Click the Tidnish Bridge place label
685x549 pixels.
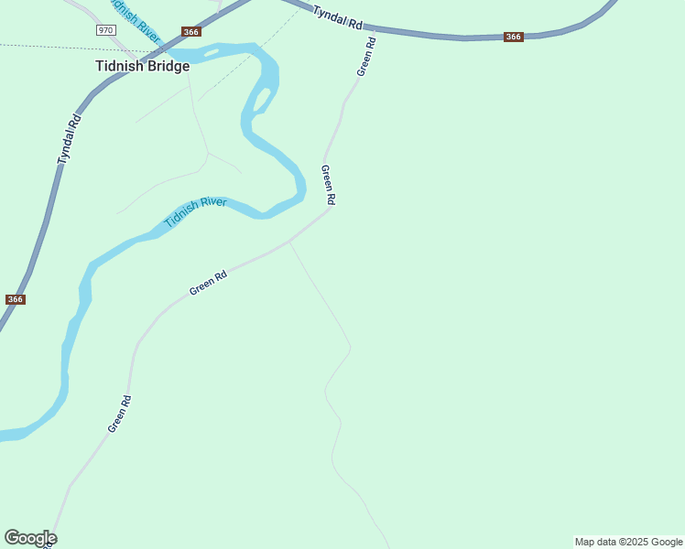click(x=142, y=66)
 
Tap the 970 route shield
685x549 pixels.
click(x=105, y=30)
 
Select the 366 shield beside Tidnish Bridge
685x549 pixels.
click(x=190, y=32)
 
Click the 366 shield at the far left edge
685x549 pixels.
click(x=15, y=299)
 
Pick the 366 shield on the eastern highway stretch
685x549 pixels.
click(x=513, y=38)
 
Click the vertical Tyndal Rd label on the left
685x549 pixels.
click(x=70, y=139)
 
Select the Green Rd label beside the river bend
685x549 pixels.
click(x=328, y=185)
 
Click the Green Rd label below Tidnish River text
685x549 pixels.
click(x=208, y=282)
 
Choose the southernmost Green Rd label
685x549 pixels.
click(x=120, y=414)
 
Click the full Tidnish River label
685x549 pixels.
click(x=195, y=213)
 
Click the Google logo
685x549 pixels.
click(x=30, y=538)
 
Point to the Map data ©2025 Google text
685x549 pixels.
click(x=628, y=542)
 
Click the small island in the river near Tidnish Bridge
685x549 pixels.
click(x=212, y=52)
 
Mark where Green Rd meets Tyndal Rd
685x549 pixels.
click(x=375, y=29)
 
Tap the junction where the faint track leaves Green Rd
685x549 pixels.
click(x=289, y=242)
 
